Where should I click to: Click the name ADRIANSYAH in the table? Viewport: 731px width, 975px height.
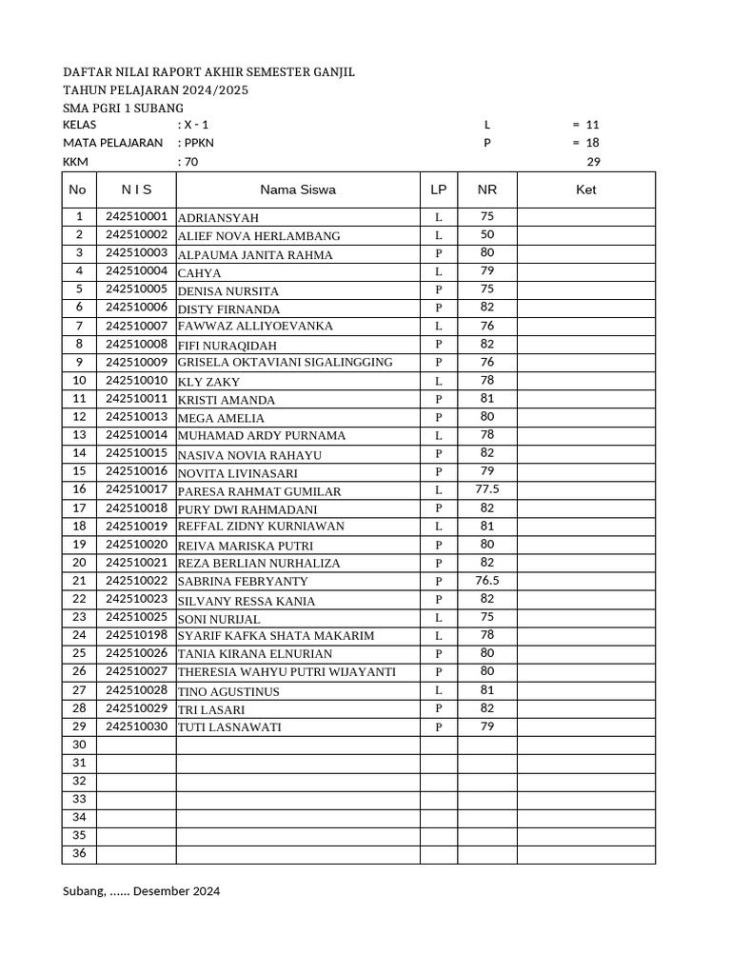tap(218, 218)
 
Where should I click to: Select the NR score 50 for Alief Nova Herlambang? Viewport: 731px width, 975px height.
tap(486, 234)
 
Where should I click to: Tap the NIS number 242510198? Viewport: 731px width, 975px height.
tap(136, 635)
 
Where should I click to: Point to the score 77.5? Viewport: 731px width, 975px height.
tap(486, 489)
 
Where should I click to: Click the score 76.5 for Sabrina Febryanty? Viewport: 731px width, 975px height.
tap(486, 581)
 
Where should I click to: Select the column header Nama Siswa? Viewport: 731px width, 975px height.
tap(298, 189)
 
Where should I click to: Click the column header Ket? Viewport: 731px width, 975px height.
tap(586, 189)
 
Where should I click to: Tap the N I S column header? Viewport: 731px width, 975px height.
tap(136, 189)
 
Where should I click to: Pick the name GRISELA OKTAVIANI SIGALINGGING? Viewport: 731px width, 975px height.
tap(285, 363)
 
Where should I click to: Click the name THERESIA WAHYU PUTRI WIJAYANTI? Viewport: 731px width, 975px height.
tap(286, 672)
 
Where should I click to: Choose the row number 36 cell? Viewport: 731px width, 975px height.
tap(79, 853)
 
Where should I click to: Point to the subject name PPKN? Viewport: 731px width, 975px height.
tap(194, 143)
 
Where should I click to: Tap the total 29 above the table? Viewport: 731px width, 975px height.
tap(593, 162)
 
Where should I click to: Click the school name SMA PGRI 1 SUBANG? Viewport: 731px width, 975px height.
tap(123, 109)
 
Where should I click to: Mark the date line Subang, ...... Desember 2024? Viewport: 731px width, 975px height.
tap(141, 892)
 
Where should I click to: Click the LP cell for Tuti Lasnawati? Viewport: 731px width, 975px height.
tap(439, 727)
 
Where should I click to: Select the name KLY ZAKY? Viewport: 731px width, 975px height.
tap(208, 382)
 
